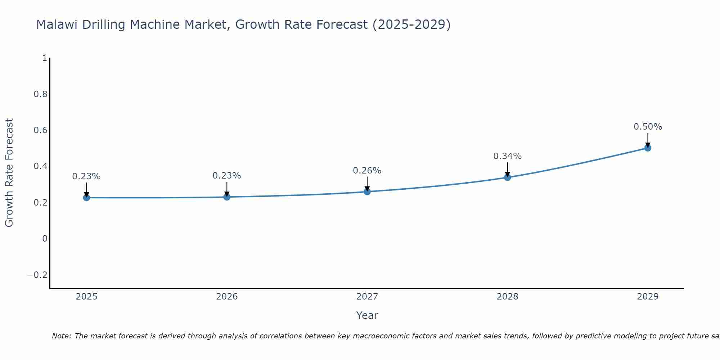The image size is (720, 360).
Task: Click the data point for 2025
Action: point(86,197)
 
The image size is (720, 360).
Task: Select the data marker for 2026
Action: point(227,197)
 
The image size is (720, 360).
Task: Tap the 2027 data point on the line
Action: point(367,192)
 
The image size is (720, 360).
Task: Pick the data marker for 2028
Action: point(508,177)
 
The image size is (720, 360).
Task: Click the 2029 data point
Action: point(648,148)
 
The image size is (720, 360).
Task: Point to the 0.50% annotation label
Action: point(648,127)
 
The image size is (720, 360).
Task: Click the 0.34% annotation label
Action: point(507,156)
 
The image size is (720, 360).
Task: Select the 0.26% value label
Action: point(367,171)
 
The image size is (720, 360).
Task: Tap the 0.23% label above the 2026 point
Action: point(226,176)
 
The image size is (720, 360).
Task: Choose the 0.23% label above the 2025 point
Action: point(86,176)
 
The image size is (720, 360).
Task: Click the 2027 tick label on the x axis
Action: point(367,297)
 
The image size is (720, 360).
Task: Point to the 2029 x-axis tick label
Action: point(648,297)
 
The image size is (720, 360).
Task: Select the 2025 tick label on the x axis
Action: point(86,297)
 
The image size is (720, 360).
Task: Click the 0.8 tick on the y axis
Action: point(40,94)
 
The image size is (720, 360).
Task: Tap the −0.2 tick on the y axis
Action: point(37,275)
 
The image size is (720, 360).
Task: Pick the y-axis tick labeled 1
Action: point(45,58)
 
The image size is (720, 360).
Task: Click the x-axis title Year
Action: point(367,315)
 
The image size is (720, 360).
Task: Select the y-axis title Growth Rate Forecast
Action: point(9,173)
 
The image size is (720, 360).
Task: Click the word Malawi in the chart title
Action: point(57,25)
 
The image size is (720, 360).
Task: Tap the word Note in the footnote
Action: point(62,336)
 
